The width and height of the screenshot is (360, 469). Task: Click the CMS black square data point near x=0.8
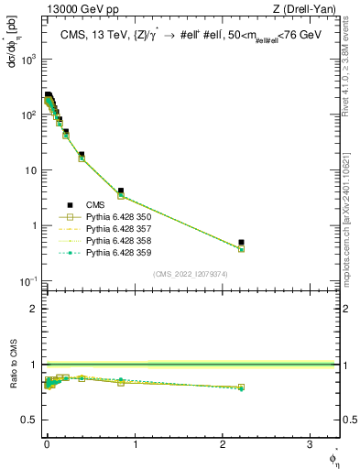pos(121,191)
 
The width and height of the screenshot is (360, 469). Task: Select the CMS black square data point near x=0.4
pos(82,155)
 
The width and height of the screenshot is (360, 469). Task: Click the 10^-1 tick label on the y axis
pos(27,280)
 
